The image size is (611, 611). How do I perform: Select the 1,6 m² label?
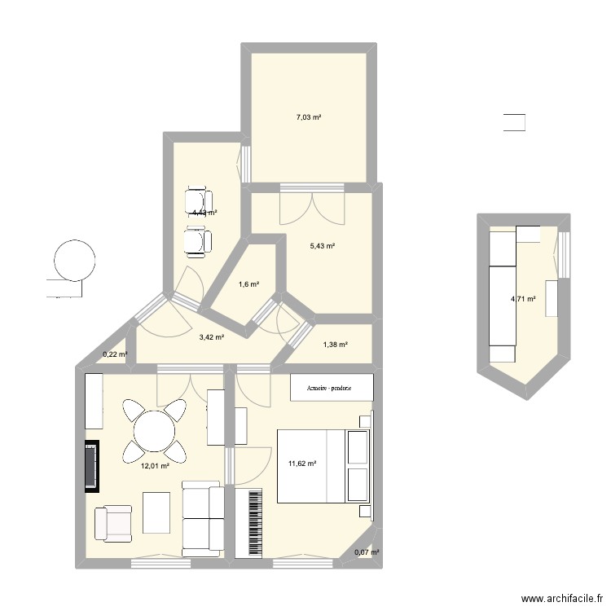pos(248,284)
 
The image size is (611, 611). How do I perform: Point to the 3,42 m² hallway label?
pos(211,336)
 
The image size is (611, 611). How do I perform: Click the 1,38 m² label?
pos(336,345)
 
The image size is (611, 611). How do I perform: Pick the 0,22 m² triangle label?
pos(115,354)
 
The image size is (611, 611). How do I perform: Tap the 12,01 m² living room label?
pos(155,466)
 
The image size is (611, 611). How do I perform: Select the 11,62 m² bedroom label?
pos(301,464)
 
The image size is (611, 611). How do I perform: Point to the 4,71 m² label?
pos(523,299)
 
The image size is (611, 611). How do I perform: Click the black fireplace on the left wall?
pos(90,467)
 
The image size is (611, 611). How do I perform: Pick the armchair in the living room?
pos(112,523)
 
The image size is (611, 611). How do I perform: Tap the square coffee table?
pos(158,512)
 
